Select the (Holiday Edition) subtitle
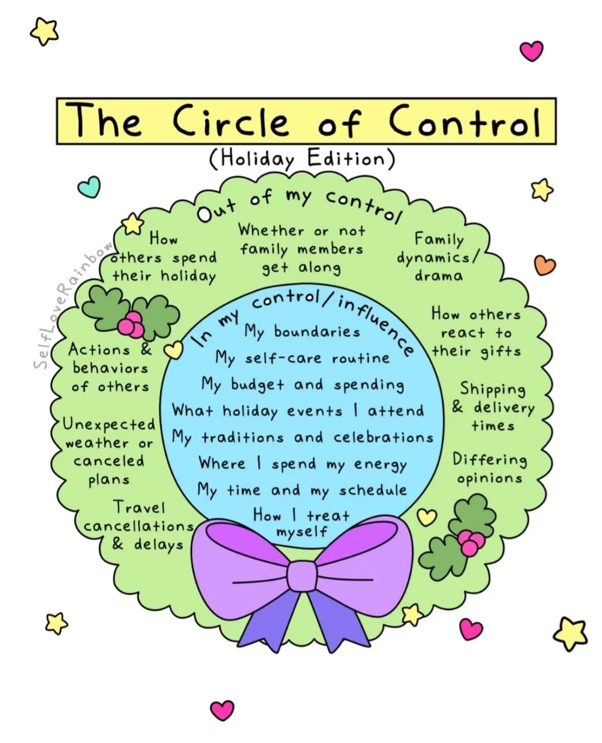[302, 159]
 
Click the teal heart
[89, 187]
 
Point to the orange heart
[545, 265]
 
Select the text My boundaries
[302, 332]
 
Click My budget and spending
[302, 385]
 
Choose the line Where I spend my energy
[302, 464]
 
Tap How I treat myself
[302, 522]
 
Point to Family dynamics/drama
[438, 258]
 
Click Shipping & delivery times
[492, 407]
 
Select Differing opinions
[489, 469]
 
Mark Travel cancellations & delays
[138, 526]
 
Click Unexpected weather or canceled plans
[109, 451]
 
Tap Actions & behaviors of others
[110, 368]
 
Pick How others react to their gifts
[475, 333]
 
